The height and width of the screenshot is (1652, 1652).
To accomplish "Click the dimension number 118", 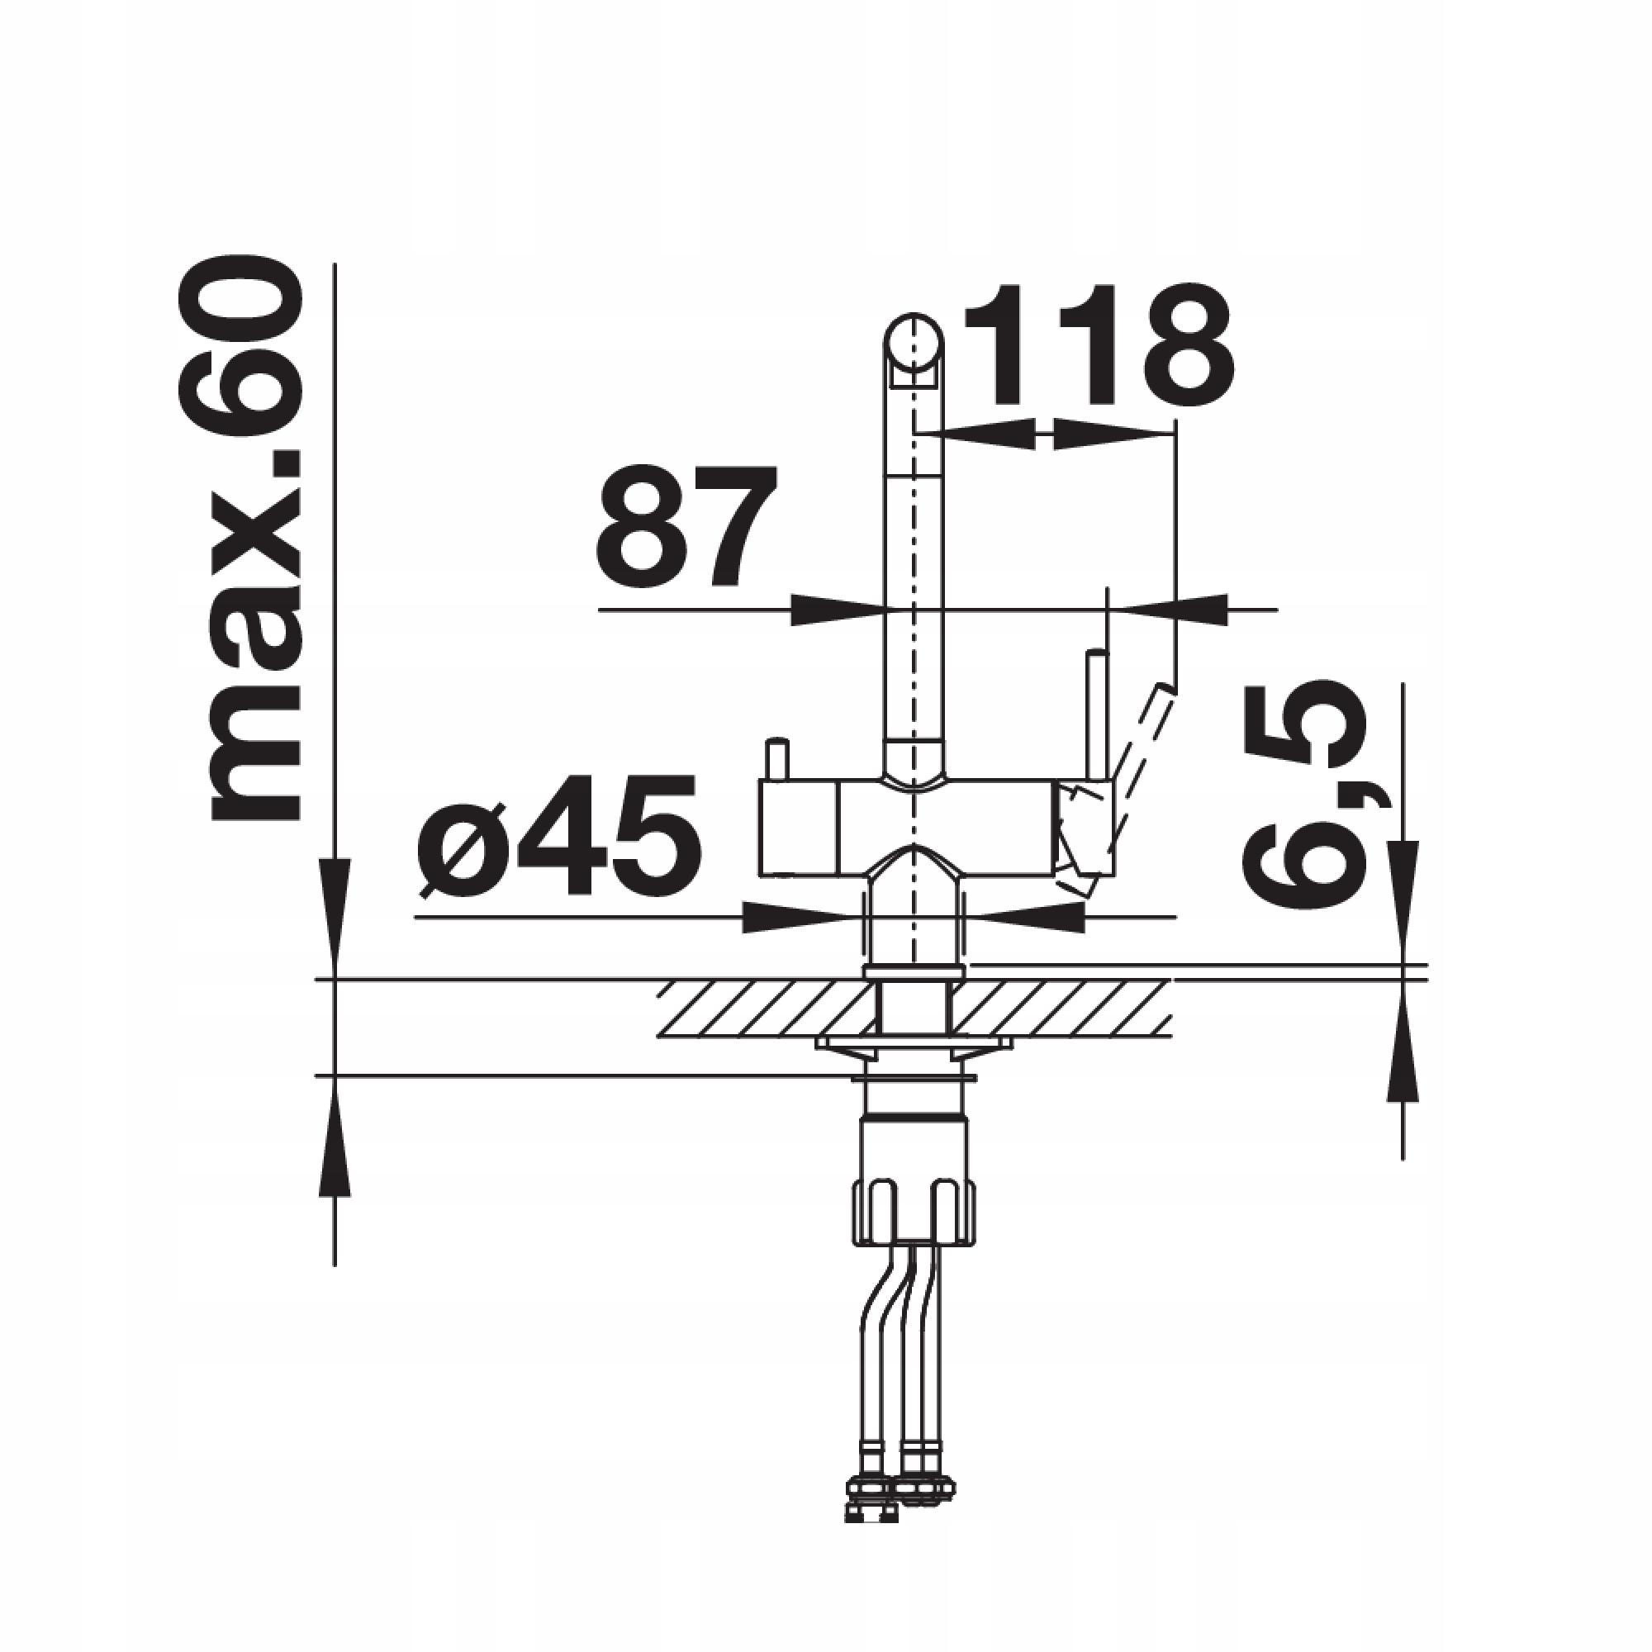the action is [x=1099, y=345].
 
